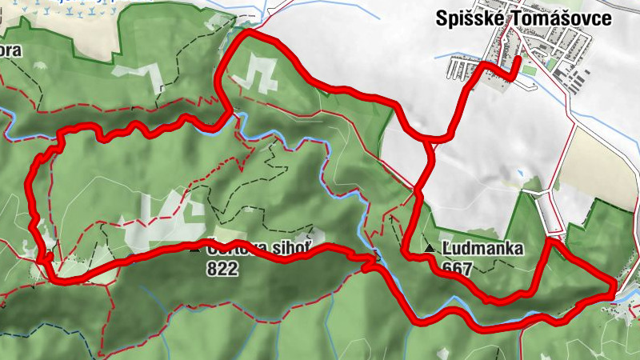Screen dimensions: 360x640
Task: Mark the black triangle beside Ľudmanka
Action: coord(431,250)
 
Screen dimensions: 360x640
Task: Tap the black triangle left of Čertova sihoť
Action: coord(194,250)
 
